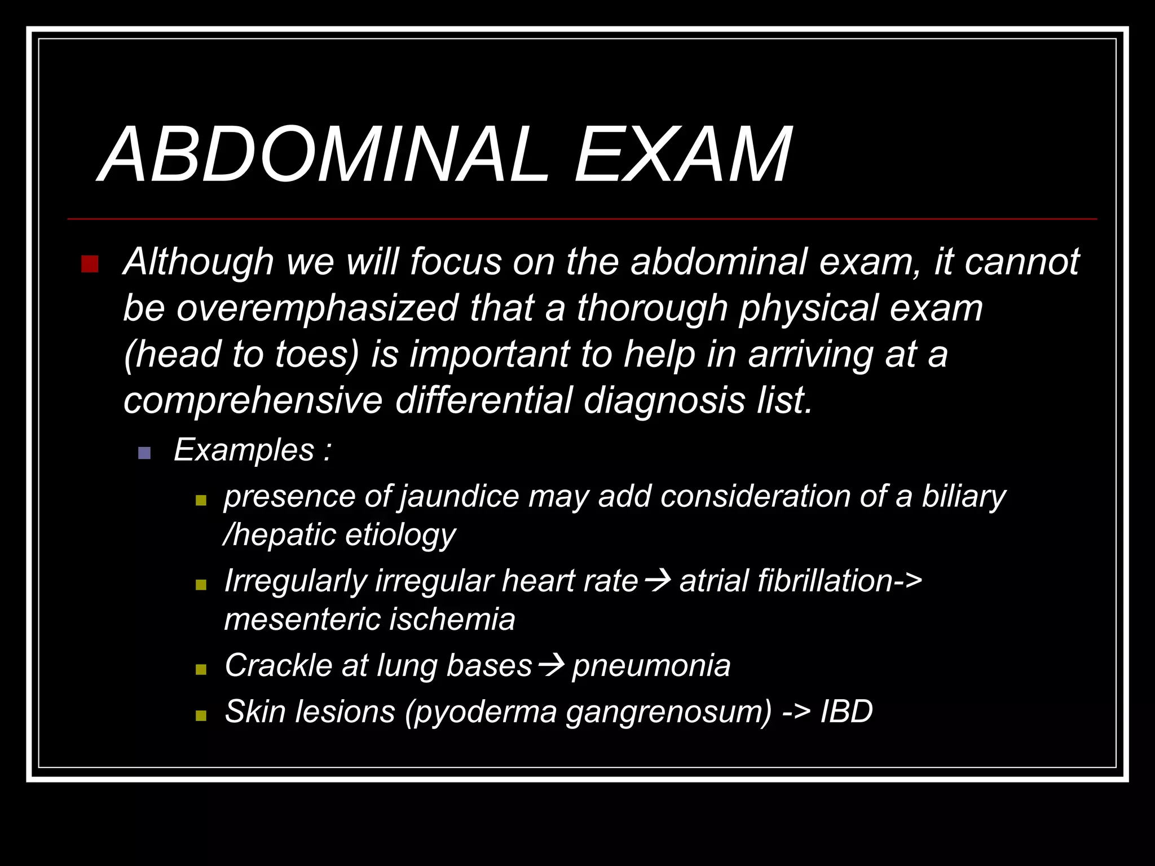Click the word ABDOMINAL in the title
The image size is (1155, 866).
(324, 155)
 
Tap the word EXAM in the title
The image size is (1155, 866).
(682, 155)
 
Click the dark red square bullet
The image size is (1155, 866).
(90, 264)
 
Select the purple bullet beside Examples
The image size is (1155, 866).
(144, 453)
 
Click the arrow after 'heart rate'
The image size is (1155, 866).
(658, 580)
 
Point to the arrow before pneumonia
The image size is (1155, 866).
(551, 665)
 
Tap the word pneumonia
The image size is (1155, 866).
(651, 666)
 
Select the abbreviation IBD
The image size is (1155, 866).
(846, 712)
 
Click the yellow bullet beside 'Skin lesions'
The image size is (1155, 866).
(201, 716)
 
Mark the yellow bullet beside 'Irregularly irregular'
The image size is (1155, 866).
(201, 585)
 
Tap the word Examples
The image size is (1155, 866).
(244, 450)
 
